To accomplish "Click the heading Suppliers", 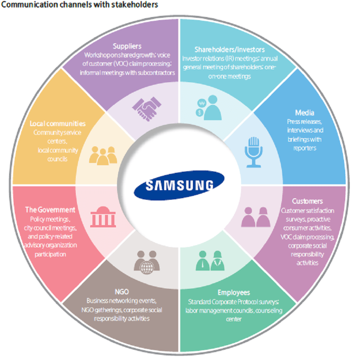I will (x=127, y=46).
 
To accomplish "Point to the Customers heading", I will (x=307, y=201).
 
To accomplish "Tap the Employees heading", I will (x=234, y=293).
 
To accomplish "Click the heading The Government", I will (x=50, y=210).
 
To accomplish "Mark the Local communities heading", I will (x=58, y=124).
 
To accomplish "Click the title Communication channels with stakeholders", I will (x=80, y=5).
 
